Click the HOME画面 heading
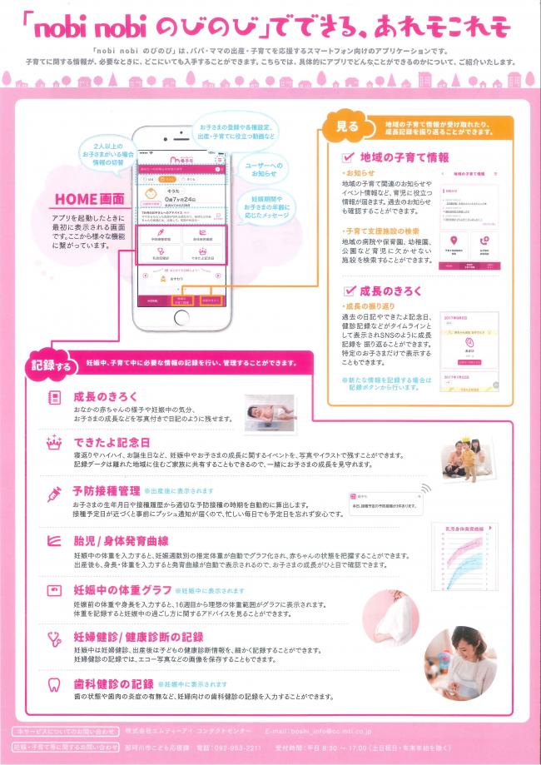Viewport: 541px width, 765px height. [x=89, y=200]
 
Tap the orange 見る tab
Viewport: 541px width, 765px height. [x=346, y=127]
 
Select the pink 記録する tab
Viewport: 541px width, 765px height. [x=49, y=364]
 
